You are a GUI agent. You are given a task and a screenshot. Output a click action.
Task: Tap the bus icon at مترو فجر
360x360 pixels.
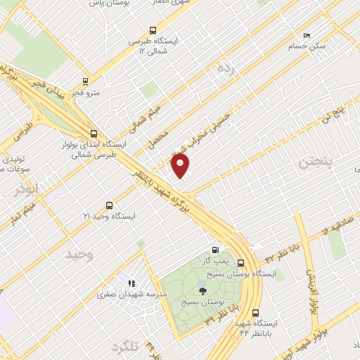85,82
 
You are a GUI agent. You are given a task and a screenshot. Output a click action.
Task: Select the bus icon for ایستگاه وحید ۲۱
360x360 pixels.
109,205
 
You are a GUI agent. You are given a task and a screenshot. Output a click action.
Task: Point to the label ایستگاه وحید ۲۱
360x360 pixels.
109,216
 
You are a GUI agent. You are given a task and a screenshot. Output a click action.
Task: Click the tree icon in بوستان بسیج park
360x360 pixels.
202,290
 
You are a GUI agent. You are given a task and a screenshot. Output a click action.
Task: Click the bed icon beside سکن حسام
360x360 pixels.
306,35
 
